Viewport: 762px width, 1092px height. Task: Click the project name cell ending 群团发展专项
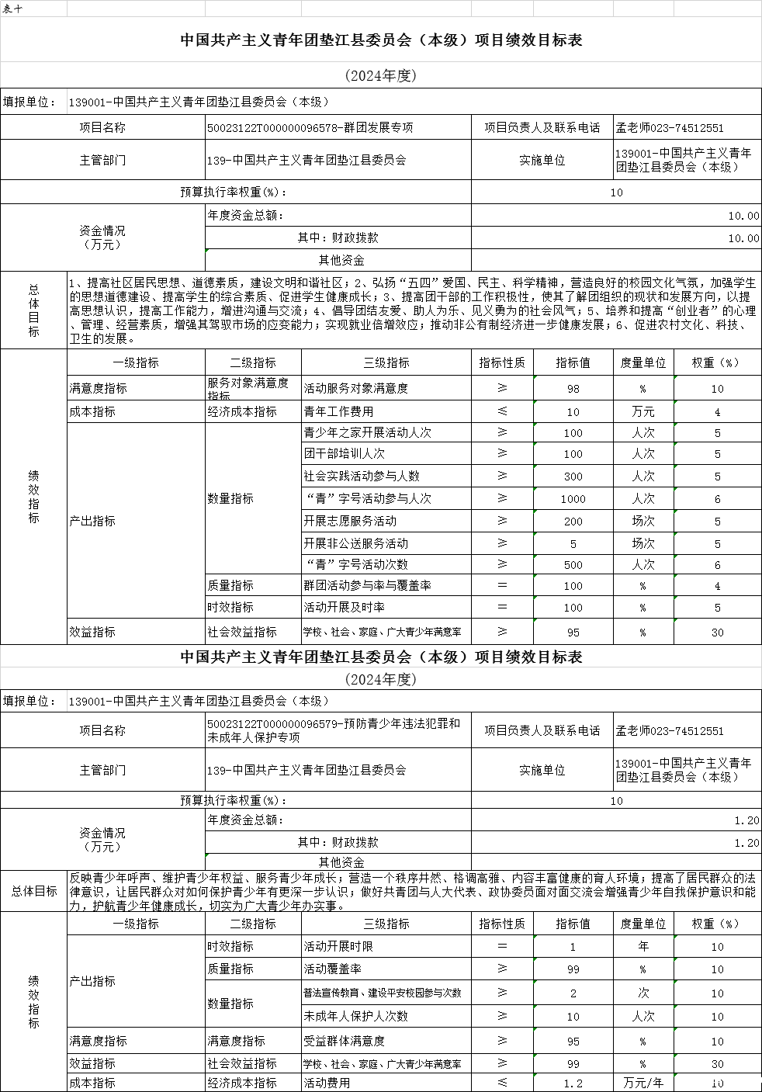click(x=310, y=127)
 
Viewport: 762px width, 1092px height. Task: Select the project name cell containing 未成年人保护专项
click(x=334, y=730)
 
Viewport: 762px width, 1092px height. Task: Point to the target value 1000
click(x=573, y=498)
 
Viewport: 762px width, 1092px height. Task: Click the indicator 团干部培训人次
click(x=344, y=453)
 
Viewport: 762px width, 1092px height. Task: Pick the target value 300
click(x=573, y=476)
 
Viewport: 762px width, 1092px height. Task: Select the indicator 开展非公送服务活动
click(x=355, y=543)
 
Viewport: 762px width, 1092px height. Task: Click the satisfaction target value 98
click(x=573, y=388)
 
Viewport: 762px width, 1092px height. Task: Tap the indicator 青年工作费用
click(x=338, y=411)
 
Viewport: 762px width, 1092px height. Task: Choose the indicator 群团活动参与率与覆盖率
click(x=367, y=586)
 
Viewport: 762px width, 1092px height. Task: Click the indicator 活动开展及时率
click(x=344, y=607)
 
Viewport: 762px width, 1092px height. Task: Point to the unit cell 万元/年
click(x=643, y=1083)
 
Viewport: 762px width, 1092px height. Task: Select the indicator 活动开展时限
click(x=338, y=946)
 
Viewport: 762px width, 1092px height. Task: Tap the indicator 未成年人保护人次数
click(x=355, y=1016)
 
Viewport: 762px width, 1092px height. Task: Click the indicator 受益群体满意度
click(x=344, y=1041)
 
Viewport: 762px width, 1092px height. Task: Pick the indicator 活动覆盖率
click(x=332, y=969)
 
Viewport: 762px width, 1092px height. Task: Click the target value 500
click(x=573, y=564)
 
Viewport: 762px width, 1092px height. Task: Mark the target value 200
click(x=573, y=521)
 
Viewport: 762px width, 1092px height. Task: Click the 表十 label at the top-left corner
click(x=12, y=9)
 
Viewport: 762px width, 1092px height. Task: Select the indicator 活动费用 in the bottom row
click(x=327, y=1083)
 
